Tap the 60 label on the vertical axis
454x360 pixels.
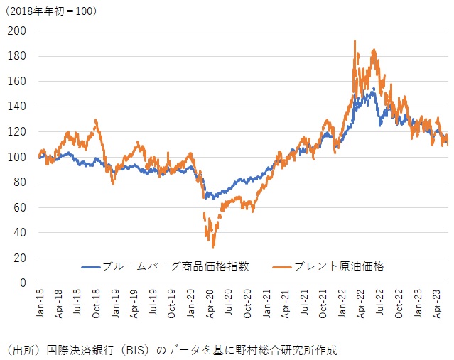[18, 207]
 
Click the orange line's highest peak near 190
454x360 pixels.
[355, 42]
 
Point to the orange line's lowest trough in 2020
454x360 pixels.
[213, 246]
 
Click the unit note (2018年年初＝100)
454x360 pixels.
[53, 11]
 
